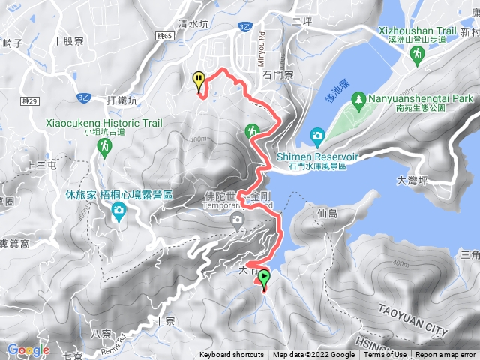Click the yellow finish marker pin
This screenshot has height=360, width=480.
tap(198, 80)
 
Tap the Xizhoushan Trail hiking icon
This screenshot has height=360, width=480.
tap(418, 52)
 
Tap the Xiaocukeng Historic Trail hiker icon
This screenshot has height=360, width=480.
tap(105, 148)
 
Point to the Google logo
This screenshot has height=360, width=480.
tap(28, 349)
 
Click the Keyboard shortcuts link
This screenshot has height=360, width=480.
tap(231, 355)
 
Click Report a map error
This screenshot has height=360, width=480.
tap(447, 355)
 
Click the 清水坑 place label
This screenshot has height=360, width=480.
tap(194, 23)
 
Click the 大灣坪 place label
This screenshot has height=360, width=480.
tap(412, 181)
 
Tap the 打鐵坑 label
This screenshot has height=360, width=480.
tap(122, 100)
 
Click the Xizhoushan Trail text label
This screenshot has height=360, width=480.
tap(418, 31)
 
